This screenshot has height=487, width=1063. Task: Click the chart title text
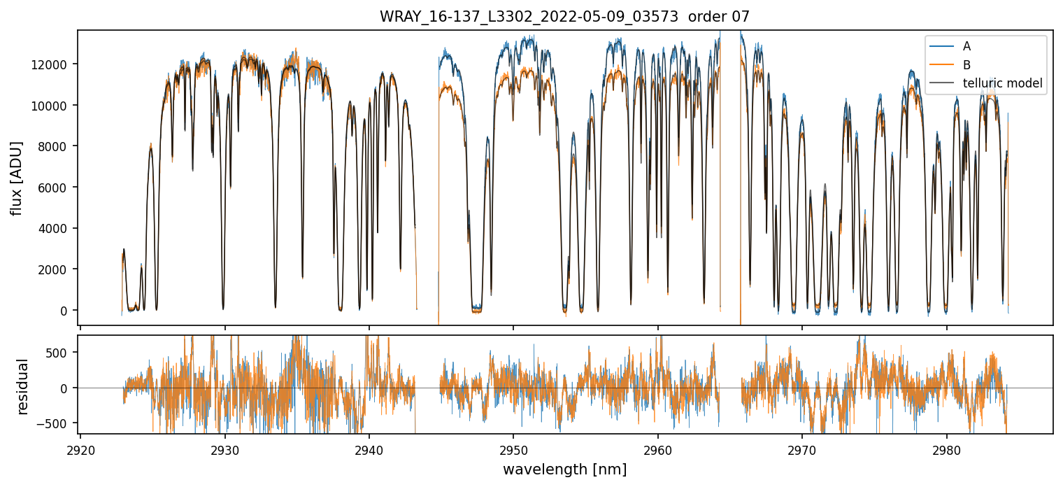tap(564, 16)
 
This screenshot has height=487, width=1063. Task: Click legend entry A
tap(966, 46)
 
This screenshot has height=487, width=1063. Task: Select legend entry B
tap(966, 65)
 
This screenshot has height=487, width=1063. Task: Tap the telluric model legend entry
tap(1002, 83)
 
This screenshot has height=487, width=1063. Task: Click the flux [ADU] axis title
tap(16, 178)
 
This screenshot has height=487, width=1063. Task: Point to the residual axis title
tap(23, 386)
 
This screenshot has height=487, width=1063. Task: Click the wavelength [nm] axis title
tap(564, 470)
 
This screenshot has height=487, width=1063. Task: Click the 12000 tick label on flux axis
tap(53, 64)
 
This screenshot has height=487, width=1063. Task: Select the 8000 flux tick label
tap(56, 146)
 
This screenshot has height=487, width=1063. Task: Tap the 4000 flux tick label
tap(56, 228)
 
